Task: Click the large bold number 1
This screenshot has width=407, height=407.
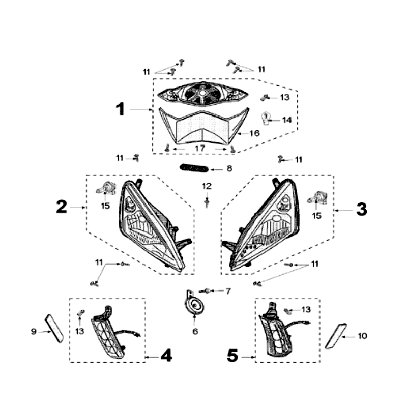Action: pos(120,109)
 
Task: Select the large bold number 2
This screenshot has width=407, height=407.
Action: pos(62,207)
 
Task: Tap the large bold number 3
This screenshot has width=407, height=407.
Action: pos(362,209)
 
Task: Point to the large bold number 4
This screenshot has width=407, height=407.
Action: pos(166,355)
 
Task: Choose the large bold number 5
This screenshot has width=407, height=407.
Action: pos(232,355)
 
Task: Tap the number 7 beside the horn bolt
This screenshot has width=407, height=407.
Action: pos(228,291)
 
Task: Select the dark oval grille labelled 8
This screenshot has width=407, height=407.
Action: pos(194,168)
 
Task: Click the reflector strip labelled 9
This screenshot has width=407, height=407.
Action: pos(54,328)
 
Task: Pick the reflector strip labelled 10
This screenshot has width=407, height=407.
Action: pos(336,336)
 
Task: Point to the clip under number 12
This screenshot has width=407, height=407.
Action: pos(207,202)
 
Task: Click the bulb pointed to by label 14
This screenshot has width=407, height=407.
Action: pos(265,118)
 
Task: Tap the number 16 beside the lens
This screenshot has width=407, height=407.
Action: pos(255,133)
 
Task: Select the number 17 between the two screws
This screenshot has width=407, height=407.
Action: pos(200,149)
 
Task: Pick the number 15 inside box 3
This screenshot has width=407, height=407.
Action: pos(316,216)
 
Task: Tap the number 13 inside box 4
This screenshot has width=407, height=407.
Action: pos(80,331)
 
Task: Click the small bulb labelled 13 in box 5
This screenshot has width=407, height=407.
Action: pos(287,311)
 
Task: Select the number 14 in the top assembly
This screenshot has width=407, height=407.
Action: pos(287,120)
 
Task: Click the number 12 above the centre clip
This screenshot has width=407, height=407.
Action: pos(207,186)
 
